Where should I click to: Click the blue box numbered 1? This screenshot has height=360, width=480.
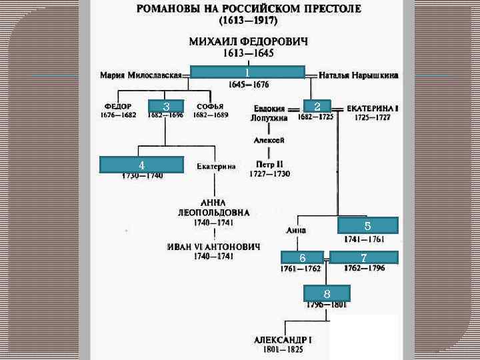pos(247,72)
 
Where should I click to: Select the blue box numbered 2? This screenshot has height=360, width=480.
pos(318,107)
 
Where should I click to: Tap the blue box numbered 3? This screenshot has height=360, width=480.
pos(167,107)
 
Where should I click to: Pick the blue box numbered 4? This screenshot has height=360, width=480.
pos(141,165)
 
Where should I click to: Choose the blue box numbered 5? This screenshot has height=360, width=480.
pos(367,225)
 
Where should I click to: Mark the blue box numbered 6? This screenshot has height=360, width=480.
pos(302,258)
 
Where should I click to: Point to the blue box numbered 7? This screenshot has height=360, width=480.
pos(364,258)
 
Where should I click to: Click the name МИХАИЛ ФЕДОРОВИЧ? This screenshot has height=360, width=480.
pos(249,42)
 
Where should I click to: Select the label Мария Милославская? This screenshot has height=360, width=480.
pos(141,75)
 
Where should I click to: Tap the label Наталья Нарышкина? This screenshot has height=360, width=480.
pos(359,75)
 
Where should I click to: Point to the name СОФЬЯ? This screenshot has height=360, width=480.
pos(210,106)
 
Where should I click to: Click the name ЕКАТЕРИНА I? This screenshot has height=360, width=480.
pos(373,107)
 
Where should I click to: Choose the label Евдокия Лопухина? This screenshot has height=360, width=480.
pos(269,113)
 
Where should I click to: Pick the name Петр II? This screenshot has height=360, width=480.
pos(270,164)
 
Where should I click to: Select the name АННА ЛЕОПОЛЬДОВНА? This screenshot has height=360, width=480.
pos(213,207)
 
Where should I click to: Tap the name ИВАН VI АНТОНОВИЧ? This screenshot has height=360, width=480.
pos(213,246)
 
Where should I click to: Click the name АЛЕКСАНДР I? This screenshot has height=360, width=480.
pos(283,339)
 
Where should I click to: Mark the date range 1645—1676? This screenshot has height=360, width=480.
pos(248,85)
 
